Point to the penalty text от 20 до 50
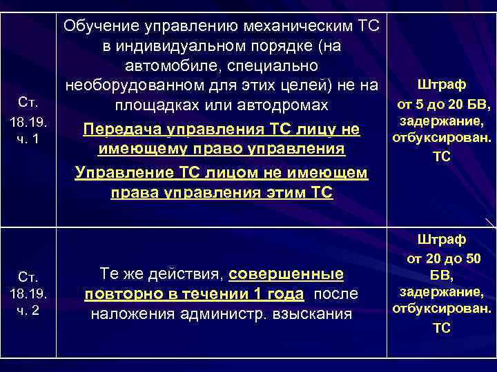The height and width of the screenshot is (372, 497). coord(442,259)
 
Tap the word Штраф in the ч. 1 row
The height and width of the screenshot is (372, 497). coord(442,85)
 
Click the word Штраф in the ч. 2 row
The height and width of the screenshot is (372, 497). coord(442,239)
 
